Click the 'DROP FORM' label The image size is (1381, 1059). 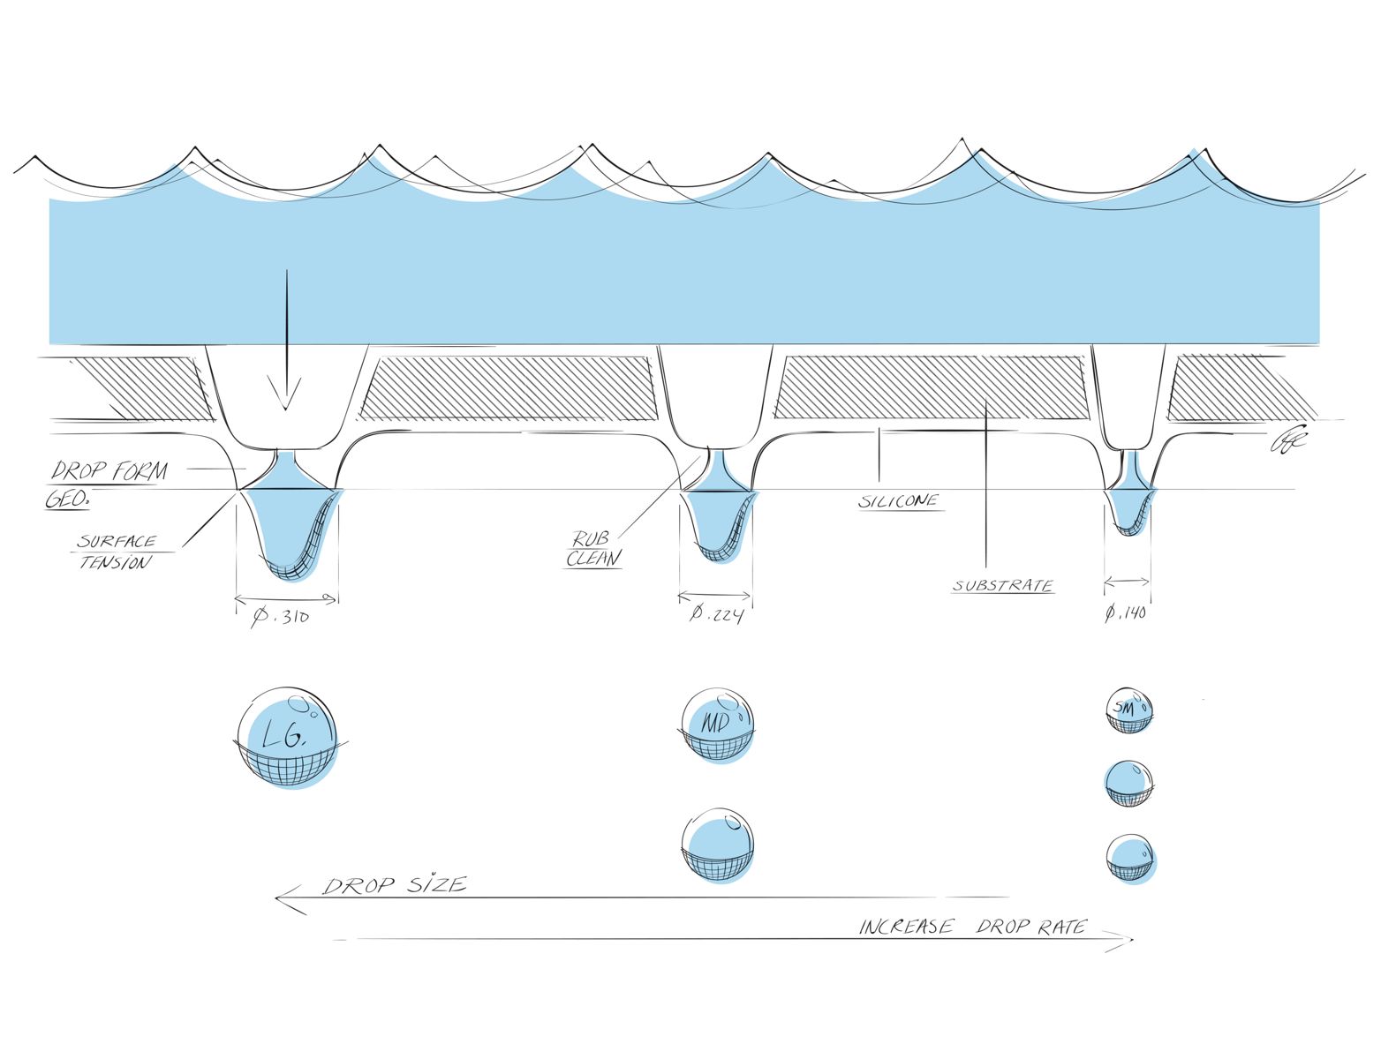[x=109, y=470]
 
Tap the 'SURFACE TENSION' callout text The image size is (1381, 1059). [x=117, y=552]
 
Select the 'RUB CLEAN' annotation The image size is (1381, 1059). [x=592, y=549]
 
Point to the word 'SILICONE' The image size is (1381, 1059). [x=899, y=501]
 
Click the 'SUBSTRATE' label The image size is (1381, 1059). [x=1002, y=586]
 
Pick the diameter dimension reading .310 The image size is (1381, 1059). [x=281, y=617]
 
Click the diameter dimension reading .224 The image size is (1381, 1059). [x=716, y=613]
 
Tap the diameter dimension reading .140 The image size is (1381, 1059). [x=1126, y=612]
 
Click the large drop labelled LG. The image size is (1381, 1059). [x=287, y=737]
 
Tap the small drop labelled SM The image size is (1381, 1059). [x=1129, y=710]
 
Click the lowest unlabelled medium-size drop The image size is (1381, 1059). [x=718, y=845]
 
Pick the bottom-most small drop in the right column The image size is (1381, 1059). [x=1130, y=858]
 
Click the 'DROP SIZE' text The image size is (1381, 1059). [x=394, y=884]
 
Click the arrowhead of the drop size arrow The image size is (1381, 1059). [x=281, y=899]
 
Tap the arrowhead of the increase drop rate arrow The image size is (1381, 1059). [x=1128, y=941]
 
